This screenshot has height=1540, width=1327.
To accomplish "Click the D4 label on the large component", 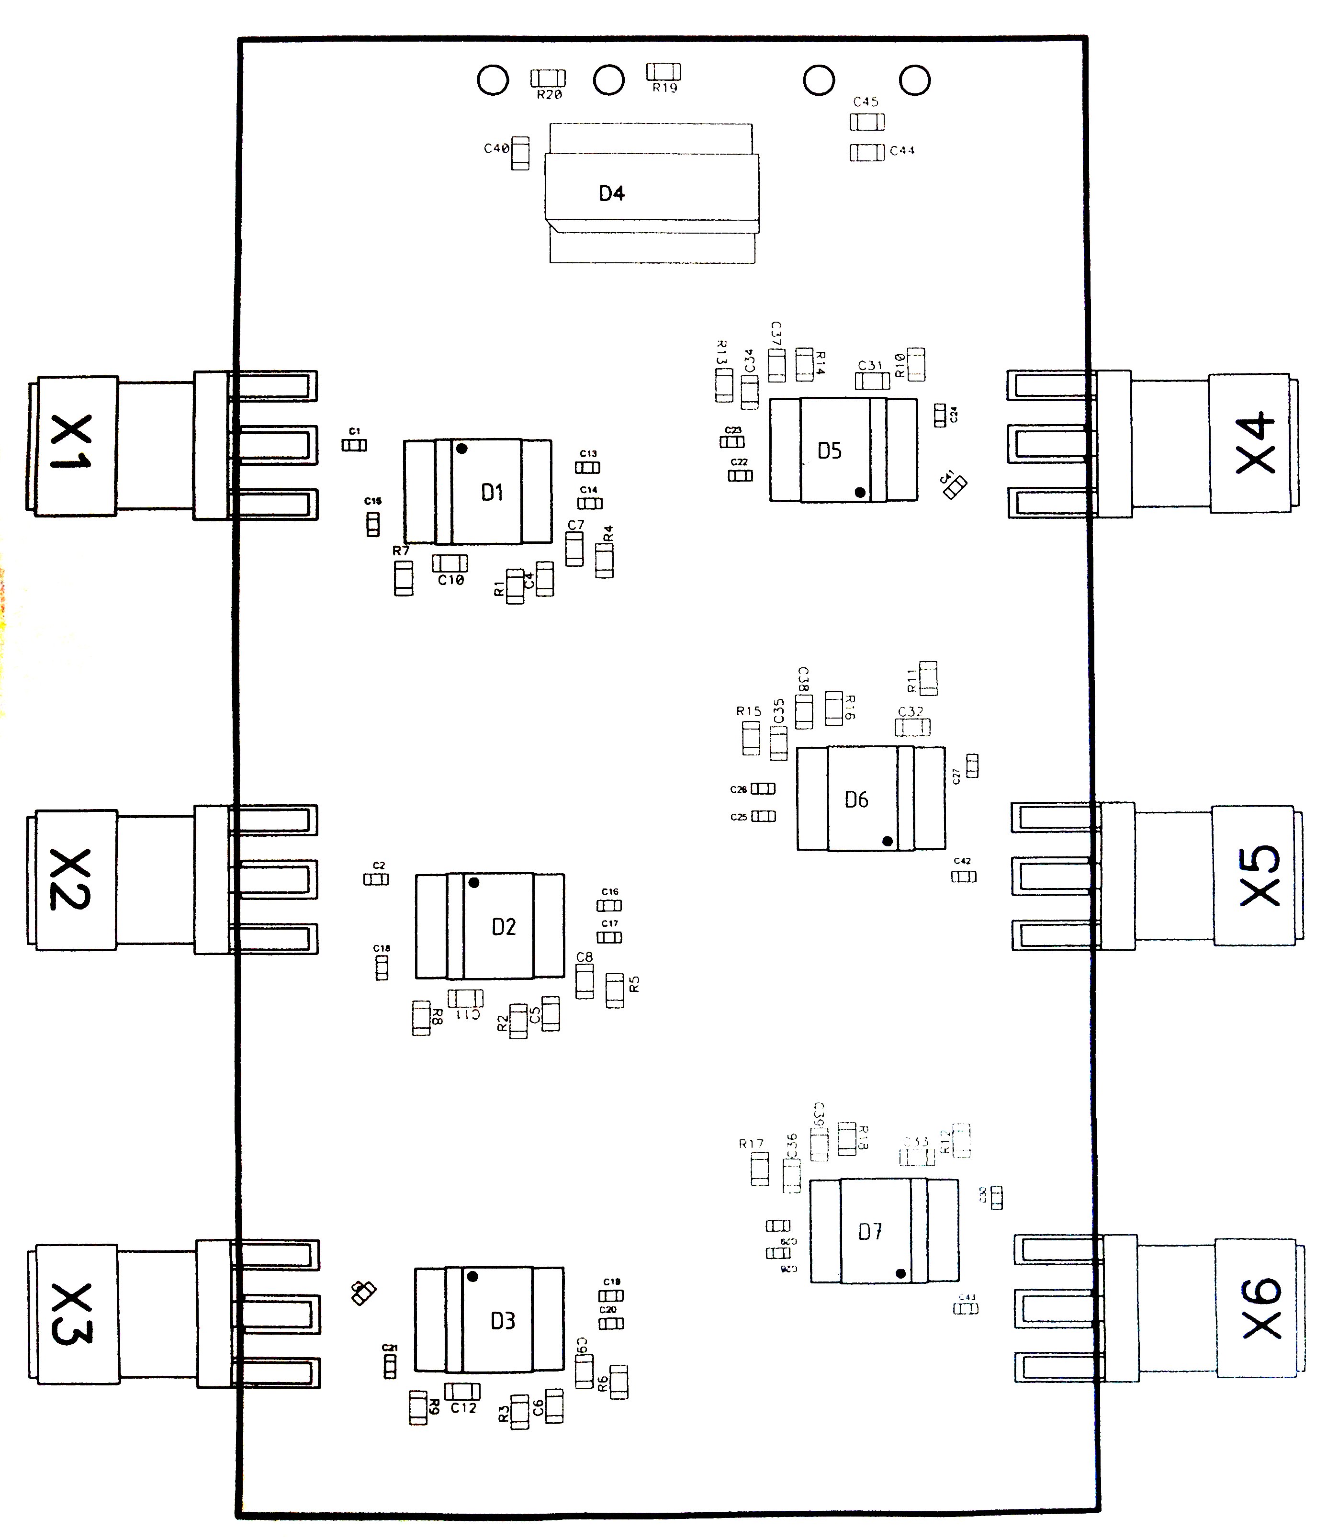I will (612, 194).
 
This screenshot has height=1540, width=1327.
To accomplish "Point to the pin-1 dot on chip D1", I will (461, 449).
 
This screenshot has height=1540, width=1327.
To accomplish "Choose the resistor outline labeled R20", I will (548, 78).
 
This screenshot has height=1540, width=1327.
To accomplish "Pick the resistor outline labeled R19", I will (664, 71).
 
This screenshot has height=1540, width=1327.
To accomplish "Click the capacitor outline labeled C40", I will (520, 153).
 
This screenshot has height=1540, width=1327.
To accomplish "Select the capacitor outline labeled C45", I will (867, 122).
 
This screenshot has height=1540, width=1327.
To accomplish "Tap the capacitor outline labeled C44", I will (867, 152).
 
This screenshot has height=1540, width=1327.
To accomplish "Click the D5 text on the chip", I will (829, 450).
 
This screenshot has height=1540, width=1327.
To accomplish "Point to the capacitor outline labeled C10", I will (450, 563).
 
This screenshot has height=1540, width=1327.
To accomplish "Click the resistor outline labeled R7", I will (403, 578).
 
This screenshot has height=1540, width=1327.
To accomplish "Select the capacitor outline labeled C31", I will (872, 381).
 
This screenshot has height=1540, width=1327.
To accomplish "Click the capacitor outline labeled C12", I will (462, 1391).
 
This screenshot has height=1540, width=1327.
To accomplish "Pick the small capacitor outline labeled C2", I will (376, 879).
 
